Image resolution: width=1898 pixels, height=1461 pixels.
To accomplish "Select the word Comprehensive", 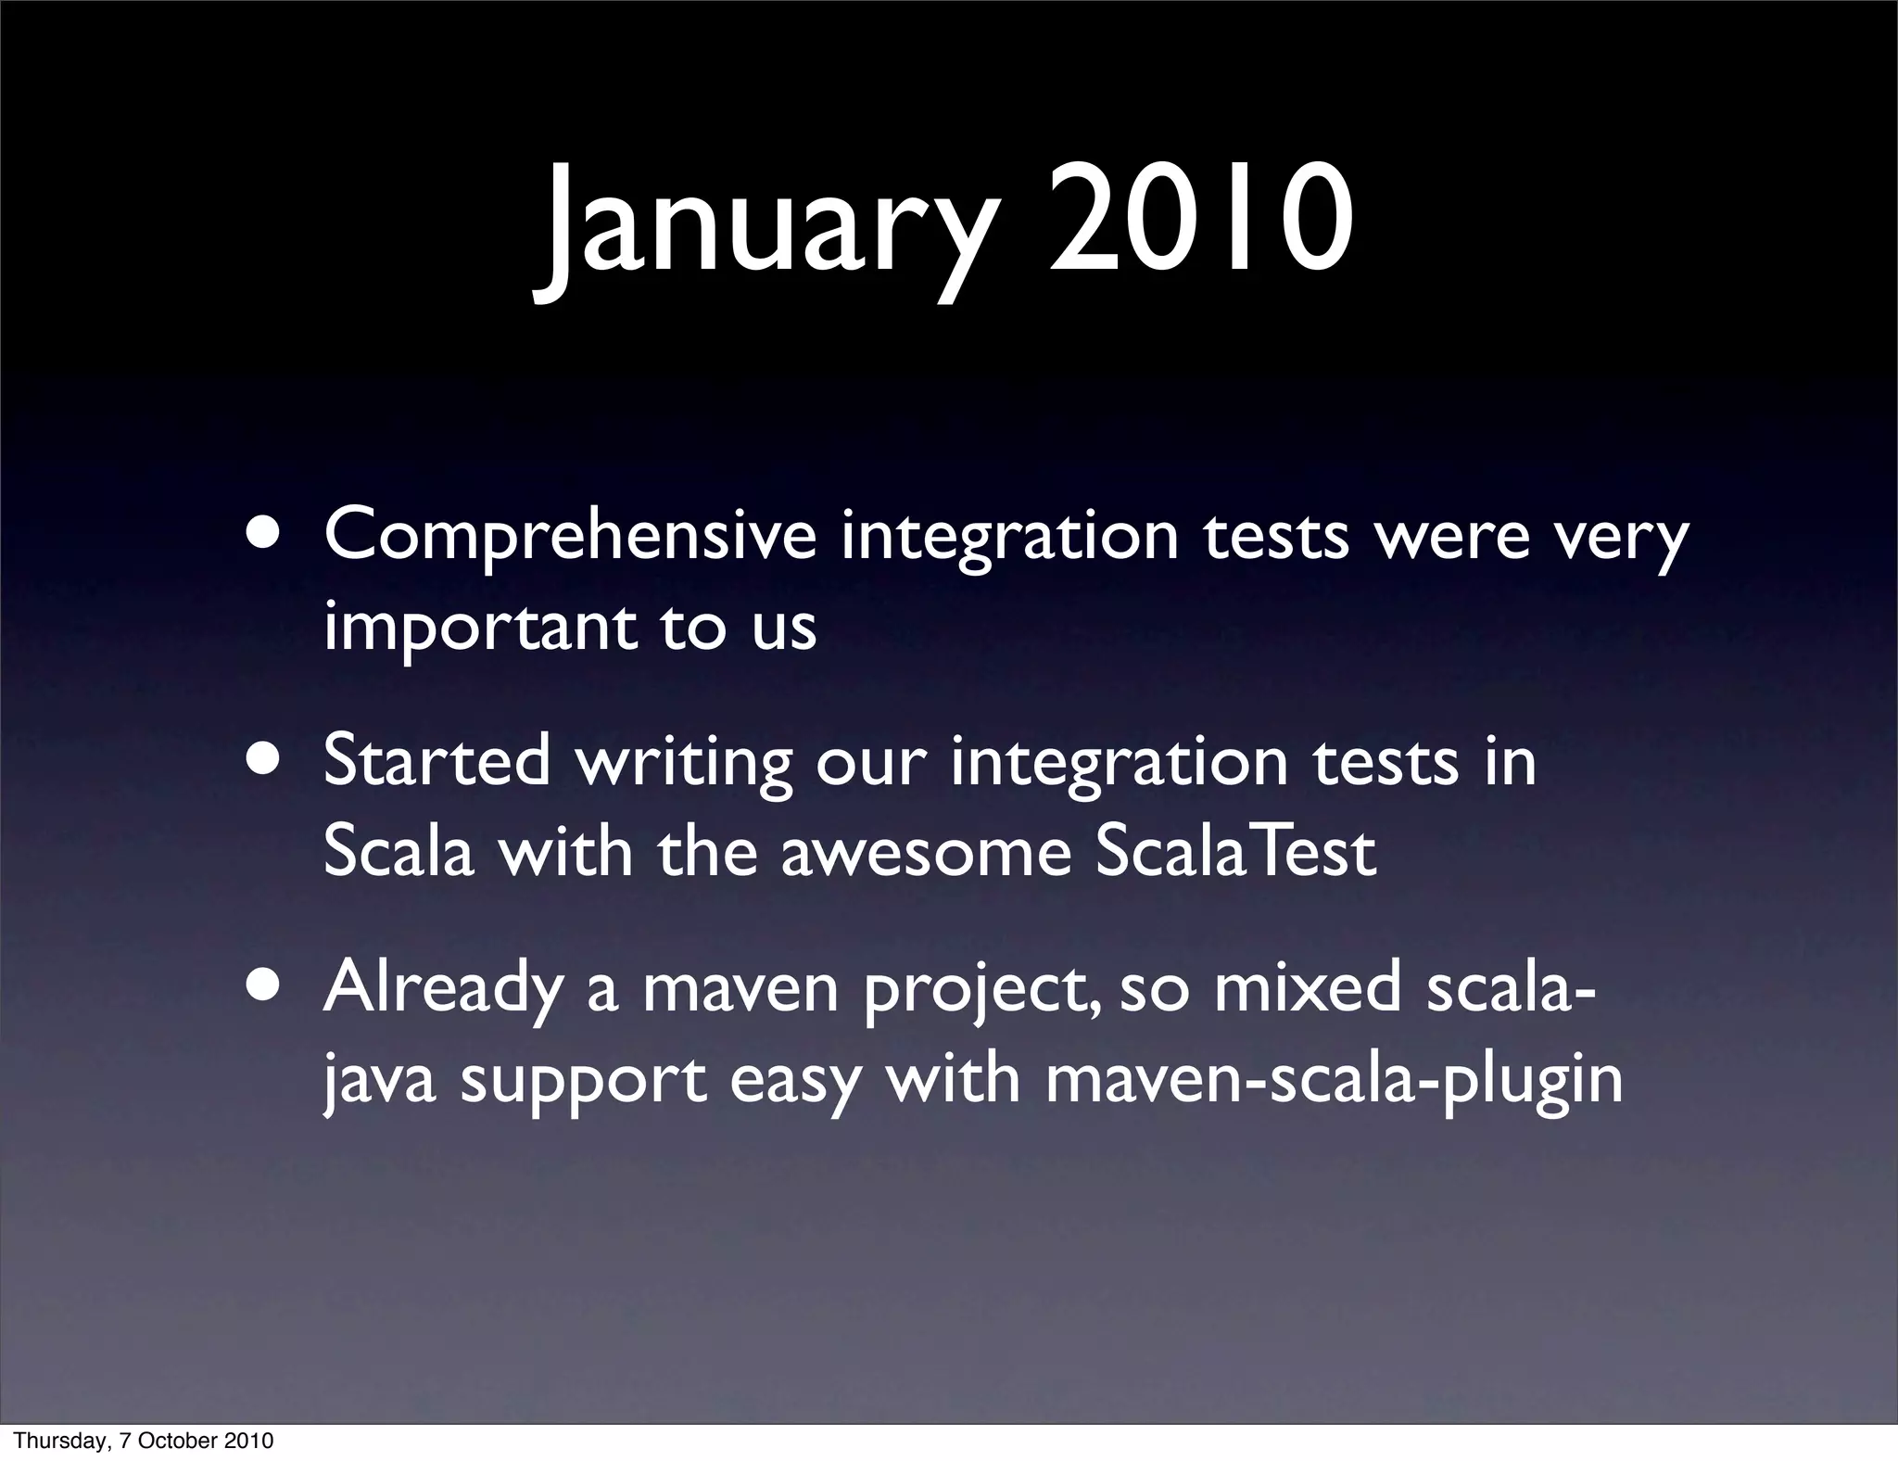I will [x=570, y=538].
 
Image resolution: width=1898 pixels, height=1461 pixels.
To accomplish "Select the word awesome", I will [x=925, y=853].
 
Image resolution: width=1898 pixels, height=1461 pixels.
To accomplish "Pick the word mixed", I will [x=1308, y=987].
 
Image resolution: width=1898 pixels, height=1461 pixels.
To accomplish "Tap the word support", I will [x=583, y=1082].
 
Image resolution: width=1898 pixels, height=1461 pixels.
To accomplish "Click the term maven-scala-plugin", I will [x=1334, y=1080].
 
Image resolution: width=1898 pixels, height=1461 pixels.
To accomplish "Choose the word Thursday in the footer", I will [x=57, y=1441].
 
